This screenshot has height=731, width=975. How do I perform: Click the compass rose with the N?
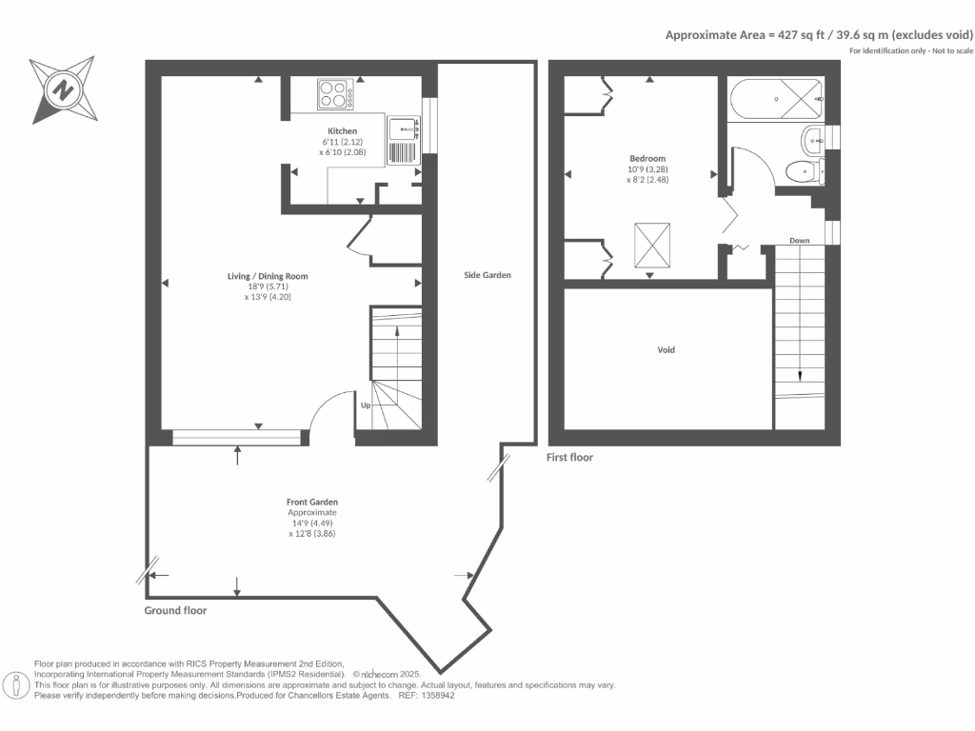[x=63, y=91]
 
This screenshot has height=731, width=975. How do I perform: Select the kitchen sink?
[x=405, y=127]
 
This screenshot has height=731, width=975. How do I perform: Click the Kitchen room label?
[x=343, y=130]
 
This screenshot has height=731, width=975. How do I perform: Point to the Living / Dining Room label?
[x=268, y=277]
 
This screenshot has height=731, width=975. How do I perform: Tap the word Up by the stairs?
[x=365, y=405]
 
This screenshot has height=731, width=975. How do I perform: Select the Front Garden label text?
[x=312, y=502]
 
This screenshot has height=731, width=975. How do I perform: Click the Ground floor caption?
[x=175, y=611]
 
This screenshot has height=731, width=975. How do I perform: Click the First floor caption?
[x=569, y=458]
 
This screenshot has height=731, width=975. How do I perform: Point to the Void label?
[x=667, y=350]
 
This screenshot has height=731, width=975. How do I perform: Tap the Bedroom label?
[x=647, y=159]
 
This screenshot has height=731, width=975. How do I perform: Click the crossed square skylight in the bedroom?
[x=652, y=245]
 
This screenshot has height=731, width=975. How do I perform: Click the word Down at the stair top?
[x=799, y=241]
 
